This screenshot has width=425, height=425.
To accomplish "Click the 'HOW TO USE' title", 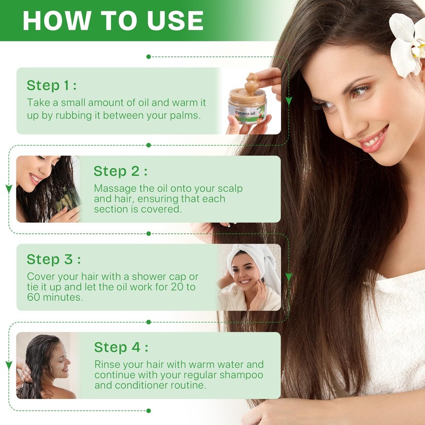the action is pyautogui.click(x=113, y=21).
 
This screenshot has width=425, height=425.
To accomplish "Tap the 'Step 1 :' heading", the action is pyautogui.click(x=52, y=86).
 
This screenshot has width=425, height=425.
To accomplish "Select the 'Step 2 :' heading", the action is pyautogui.click(x=121, y=171).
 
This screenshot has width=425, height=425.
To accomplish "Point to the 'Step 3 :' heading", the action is pyautogui.click(x=54, y=259).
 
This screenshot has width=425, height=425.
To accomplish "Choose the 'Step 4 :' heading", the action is pyautogui.click(x=121, y=347).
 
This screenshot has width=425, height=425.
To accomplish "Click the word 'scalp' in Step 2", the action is pyautogui.click(x=230, y=189).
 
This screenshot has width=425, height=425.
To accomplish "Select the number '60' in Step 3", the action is pyautogui.click(x=33, y=297).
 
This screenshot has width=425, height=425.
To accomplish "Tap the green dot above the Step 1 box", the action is pyautogui.click(x=149, y=57).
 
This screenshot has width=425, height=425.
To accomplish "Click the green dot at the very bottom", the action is pyautogui.click(x=149, y=411).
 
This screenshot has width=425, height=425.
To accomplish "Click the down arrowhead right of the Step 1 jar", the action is pyautogui.click(x=288, y=101).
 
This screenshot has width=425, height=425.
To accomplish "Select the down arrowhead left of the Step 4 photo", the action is pyautogui.click(x=9, y=365).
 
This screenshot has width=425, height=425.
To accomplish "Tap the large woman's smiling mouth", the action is pyautogui.click(x=373, y=139).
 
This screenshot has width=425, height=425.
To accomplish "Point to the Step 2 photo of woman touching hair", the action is pyautogui.click(x=48, y=189).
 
